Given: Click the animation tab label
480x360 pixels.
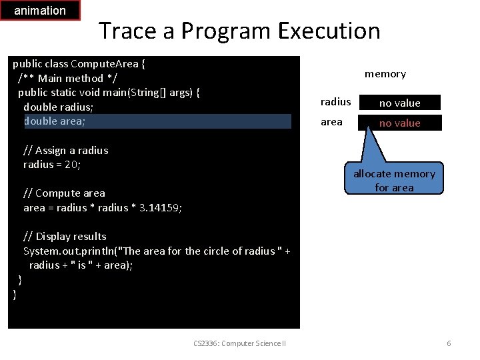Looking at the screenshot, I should pos(40,11).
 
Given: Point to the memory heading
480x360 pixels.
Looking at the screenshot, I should pos(385,74).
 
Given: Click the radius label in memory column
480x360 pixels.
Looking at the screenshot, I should pos(335,102).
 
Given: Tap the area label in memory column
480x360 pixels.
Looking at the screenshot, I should pos(331,122).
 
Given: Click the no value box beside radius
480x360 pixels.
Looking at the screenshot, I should pos(400,103).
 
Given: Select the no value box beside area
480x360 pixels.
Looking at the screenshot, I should pos(400,123).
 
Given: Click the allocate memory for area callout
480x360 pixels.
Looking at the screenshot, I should pos(394,180).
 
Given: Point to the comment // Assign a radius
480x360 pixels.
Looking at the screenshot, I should pos(65,150).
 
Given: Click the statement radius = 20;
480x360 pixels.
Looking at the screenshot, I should pos(52,165).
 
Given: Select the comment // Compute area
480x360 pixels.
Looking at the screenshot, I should pos(64,193).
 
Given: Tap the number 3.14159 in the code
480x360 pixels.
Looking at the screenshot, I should pos(161,207).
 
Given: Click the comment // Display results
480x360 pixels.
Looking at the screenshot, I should pos(65,236).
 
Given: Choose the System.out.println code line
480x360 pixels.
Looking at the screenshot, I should pos(157,251).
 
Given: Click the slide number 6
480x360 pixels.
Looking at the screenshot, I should pos(449,343).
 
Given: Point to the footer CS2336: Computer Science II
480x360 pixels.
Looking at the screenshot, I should pos(239,343).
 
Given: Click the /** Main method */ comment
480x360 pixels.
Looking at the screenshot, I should pos(61,78).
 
